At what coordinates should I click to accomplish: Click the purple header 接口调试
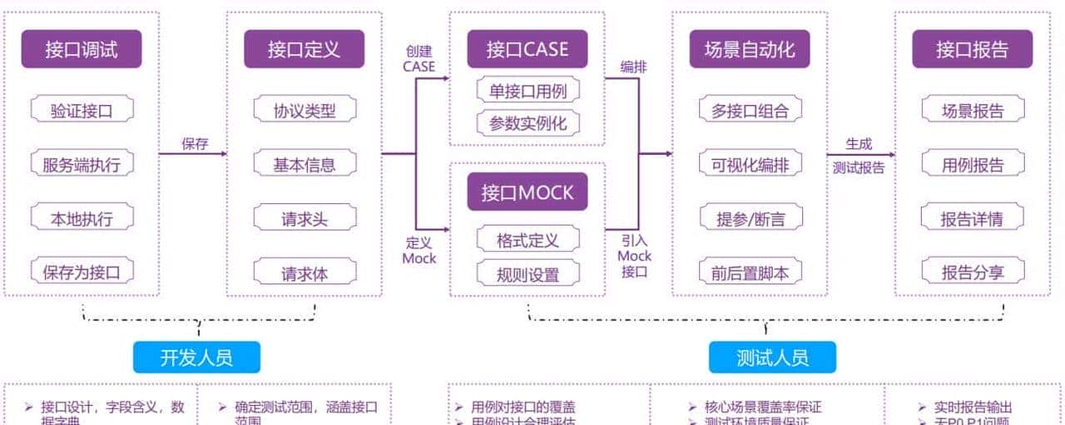point(82,49)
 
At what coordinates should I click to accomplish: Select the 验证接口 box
point(82,110)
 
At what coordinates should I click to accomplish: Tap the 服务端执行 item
point(82,164)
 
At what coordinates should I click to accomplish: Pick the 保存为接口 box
point(82,271)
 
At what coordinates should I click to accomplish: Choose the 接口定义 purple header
point(304,49)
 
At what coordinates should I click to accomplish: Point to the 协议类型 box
point(305,110)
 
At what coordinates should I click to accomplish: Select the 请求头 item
point(305,219)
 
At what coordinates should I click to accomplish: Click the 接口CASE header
point(527,49)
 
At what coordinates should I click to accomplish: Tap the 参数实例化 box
point(528,123)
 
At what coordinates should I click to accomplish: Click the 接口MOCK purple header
point(527,192)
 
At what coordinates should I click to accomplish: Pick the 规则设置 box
point(528,273)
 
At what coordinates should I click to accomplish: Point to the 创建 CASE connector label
point(419,58)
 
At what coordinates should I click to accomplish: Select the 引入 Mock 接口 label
point(634,255)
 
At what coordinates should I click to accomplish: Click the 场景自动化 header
point(749,49)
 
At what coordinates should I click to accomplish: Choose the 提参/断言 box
point(750,219)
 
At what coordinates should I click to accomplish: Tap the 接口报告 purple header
point(972,49)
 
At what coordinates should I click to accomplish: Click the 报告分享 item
point(973,272)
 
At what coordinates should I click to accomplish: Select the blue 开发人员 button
point(196,357)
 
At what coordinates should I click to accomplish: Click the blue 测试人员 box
point(772,357)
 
